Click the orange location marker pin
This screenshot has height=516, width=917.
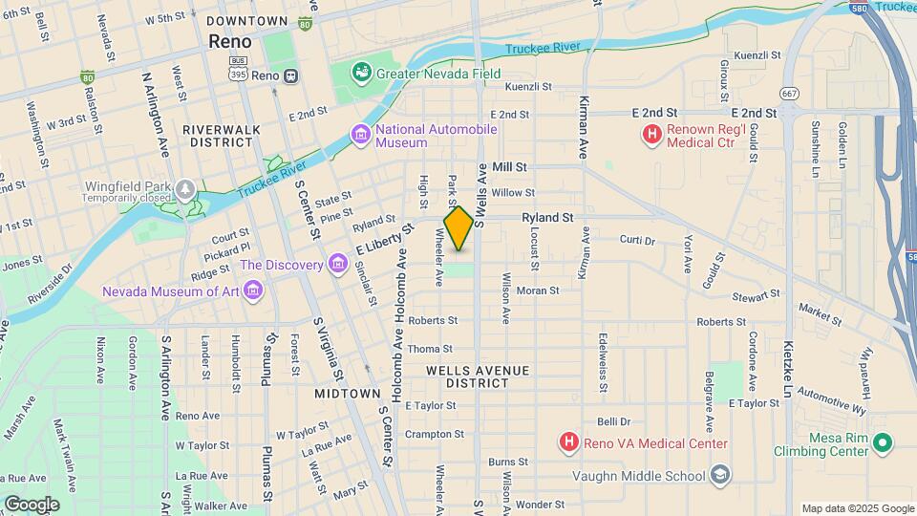(458, 227)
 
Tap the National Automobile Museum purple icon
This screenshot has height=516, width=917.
(361, 136)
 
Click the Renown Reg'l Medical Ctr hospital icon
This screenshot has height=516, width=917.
(652, 136)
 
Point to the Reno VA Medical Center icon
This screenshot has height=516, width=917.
(568, 442)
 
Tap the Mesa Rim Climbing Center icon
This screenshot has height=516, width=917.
(883, 442)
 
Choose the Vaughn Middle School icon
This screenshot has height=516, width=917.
(718, 475)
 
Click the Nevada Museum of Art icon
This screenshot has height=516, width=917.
(252, 290)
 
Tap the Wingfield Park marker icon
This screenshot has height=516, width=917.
(184, 188)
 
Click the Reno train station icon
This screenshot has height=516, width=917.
(290, 75)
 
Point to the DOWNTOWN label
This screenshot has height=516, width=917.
(246, 21)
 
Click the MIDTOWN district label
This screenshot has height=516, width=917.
(348, 394)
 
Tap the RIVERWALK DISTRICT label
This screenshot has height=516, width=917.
(218, 135)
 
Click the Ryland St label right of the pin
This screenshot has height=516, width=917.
(546, 218)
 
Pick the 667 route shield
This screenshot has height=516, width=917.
(789, 93)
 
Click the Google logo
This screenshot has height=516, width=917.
(31, 504)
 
